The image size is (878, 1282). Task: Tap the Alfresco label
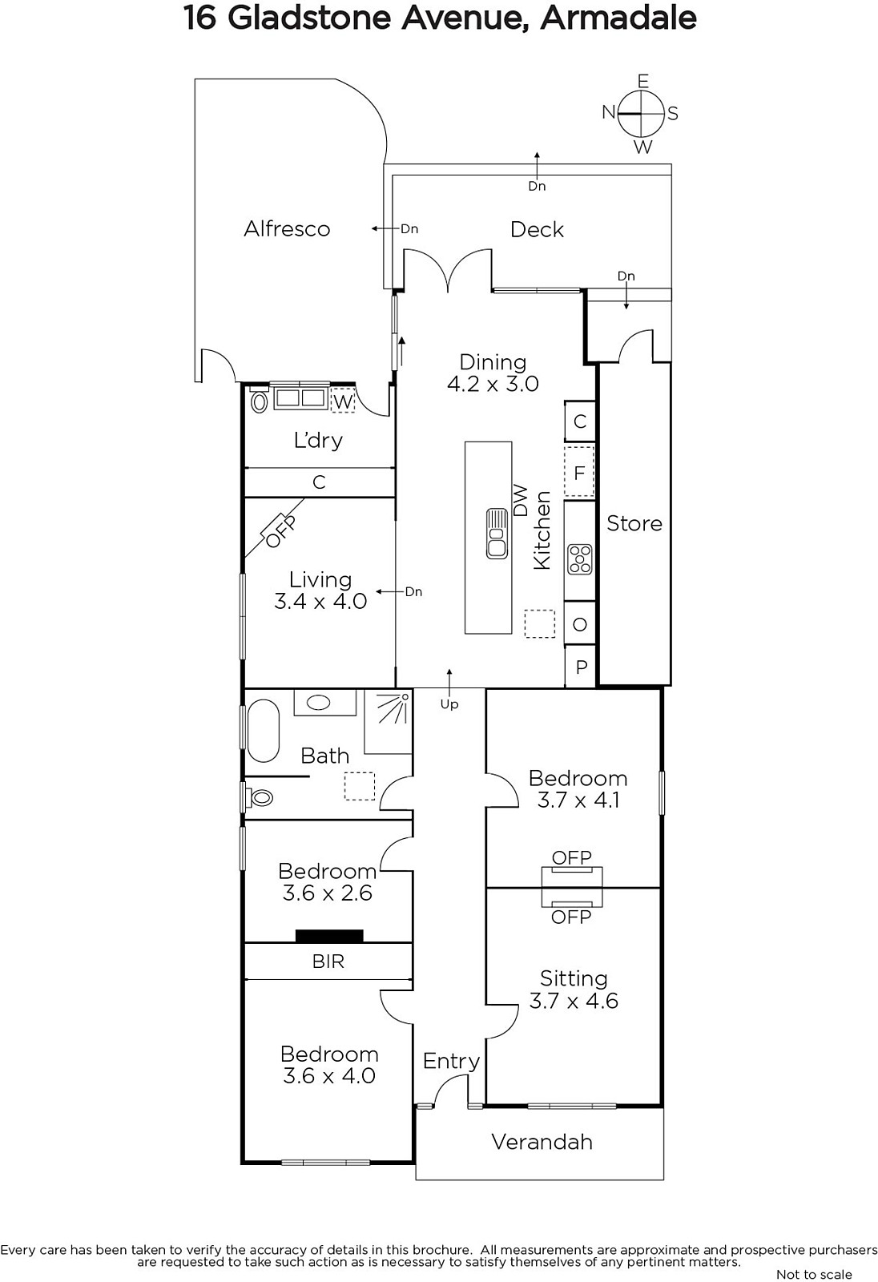[287, 229]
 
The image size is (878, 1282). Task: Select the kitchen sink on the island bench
[496, 534]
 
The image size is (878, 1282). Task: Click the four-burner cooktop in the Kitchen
[579, 559]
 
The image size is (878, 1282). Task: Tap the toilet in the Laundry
[260, 401]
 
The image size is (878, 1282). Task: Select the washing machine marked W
[343, 401]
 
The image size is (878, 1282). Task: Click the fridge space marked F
[579, 473]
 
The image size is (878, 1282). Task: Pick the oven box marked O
[580, 624]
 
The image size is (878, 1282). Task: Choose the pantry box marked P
[580, 667]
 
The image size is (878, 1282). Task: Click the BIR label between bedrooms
[328, 961]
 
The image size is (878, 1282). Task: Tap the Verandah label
[542, 1142]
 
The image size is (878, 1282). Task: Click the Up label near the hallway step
[449, 704]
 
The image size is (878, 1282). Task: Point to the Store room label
[634, 523]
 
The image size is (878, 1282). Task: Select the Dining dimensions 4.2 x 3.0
[493, 384]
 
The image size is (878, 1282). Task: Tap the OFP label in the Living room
[282, 532]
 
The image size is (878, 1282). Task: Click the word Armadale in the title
[618, 18]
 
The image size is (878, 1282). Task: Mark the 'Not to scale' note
[814, 1274]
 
